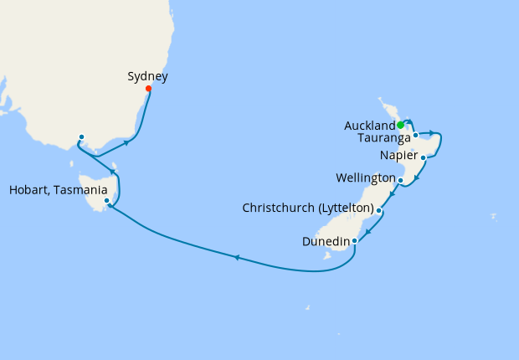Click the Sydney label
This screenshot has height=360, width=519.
147,76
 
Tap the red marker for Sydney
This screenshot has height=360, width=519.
148,88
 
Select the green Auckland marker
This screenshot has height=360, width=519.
400,126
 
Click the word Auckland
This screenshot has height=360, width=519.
369,126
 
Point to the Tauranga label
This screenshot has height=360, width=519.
383,137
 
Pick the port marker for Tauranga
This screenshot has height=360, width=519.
415,134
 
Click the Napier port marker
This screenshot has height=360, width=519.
424,157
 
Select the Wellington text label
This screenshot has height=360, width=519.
365,178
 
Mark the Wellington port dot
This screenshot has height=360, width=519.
401,180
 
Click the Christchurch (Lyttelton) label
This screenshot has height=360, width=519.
307,208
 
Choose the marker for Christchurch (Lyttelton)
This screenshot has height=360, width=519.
379,211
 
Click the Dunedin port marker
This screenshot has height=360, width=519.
355,241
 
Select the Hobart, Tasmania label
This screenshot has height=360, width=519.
58,189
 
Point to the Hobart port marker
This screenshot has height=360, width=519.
106,201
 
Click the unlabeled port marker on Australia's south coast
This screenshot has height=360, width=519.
81,137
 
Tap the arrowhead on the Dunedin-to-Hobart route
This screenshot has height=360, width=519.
236,257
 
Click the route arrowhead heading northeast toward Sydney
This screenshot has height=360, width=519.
126,142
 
